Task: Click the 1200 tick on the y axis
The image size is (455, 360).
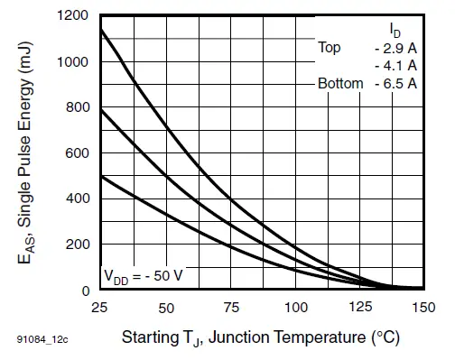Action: [x=72, y=16]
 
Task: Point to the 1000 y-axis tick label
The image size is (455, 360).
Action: [x=72, y=62]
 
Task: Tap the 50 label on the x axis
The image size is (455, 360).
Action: [x=165, y=308]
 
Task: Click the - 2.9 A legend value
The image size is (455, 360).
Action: [x=395, y=47]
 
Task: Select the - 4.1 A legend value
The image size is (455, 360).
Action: [x=395, y=65]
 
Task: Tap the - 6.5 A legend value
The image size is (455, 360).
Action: [x=395, y=83]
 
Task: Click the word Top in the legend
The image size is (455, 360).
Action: [x=330, y=47]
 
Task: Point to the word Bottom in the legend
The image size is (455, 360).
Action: [x=340, y=83]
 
